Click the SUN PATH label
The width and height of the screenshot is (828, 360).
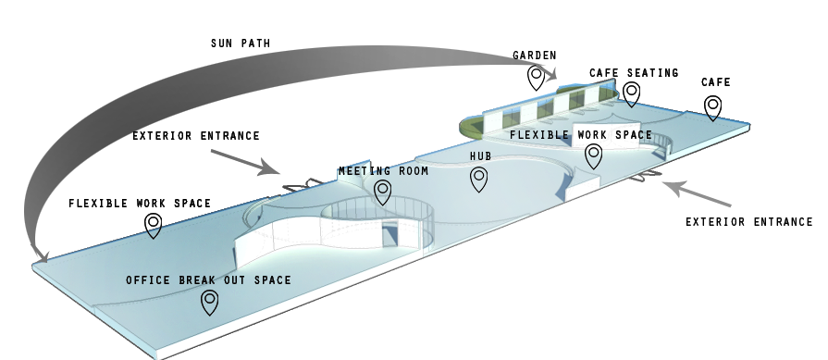tap(240, 43)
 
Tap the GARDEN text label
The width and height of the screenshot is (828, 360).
tap(535, 56)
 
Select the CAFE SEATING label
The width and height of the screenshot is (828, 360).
tap(634, 73)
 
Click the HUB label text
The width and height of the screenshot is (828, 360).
tap(480, 157)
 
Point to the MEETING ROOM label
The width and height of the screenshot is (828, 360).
tap(383, 171)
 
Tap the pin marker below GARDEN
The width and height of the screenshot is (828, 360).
tap(536, 78)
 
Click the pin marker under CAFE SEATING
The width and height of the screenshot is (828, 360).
tap(632, 93)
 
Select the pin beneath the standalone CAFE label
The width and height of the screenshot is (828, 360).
tap(713, 107)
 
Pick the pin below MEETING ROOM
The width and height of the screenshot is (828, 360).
tap(382, 192)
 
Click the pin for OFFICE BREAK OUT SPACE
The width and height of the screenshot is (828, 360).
tap(210, 302)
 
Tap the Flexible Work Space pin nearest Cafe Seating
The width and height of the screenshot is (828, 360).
tap(593, 155)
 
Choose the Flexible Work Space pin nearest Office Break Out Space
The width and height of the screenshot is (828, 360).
tap(154, 225)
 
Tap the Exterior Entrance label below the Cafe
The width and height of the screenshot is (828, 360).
tap(748, 222)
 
